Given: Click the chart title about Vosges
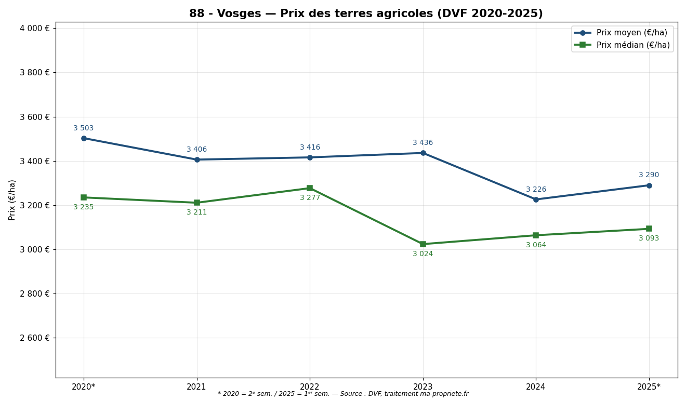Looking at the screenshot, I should (365, 14).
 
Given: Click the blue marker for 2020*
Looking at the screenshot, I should (84, 138).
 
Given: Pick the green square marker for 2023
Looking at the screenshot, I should (423, 244).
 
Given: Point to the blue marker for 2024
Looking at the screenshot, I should (536, 199).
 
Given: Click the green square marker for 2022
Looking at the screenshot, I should (310, 188).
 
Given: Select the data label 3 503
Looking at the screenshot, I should (84, 128).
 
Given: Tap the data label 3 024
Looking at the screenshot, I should (423, 254).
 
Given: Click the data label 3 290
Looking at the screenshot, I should (649, 175).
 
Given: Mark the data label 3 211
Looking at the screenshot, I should (196, 212).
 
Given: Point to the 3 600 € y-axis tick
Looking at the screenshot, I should (35, 117).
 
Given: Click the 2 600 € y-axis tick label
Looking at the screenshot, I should (35, 338).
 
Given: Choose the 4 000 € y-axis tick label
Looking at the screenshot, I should (35, 28).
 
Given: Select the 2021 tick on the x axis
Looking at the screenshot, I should (196, 387).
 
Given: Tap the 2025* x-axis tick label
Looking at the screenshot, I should (649, 387).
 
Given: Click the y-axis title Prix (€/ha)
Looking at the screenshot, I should (12, 199).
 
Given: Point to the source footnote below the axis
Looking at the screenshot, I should (342, 394).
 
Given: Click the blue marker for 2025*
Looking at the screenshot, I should (649, 185).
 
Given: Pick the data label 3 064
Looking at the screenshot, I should (536, 245).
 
